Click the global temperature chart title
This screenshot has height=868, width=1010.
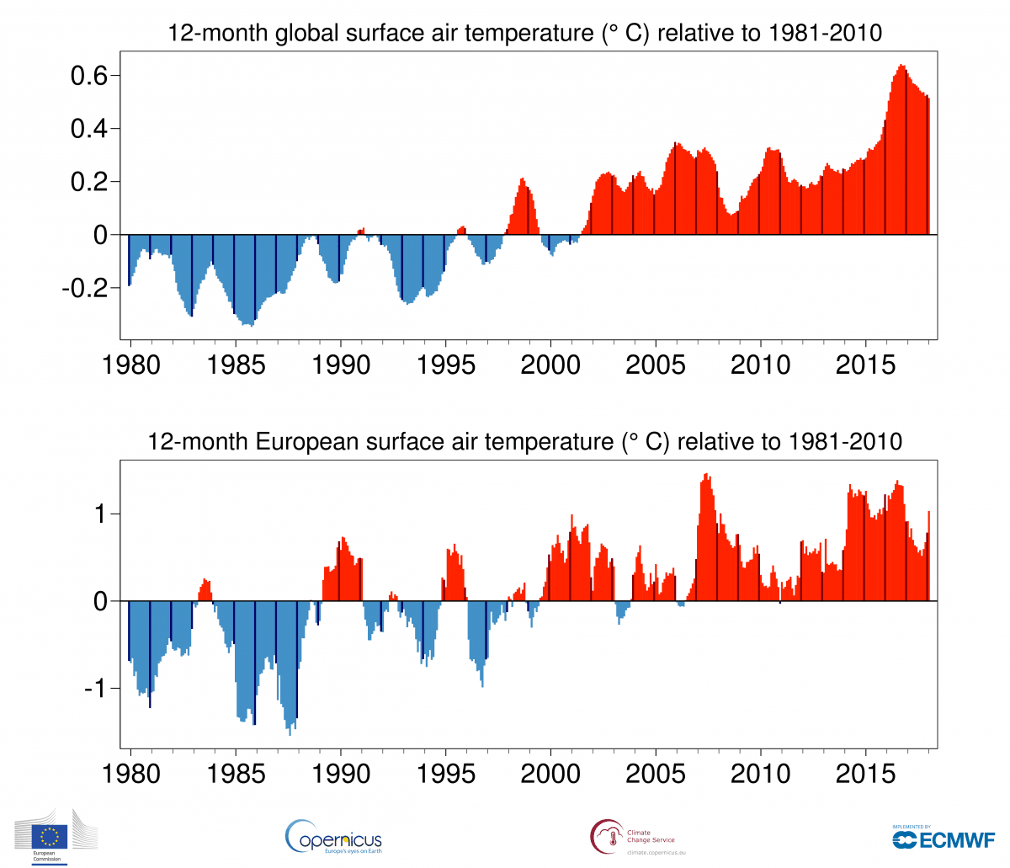(x=525, y=33)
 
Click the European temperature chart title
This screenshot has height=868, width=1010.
(x=525, y=441)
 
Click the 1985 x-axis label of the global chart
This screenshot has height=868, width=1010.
(x=236, y=365)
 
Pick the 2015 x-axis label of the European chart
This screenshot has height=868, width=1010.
(x=866, y=773)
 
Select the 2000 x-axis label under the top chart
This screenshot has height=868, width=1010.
(x=550, y=365)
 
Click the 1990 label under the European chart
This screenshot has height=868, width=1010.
(x=341, y=773)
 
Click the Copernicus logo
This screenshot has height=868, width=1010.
(x=334, y=837)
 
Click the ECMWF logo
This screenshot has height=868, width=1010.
(x=944, y=839)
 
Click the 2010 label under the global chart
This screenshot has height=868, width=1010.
(x=761, y=365)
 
